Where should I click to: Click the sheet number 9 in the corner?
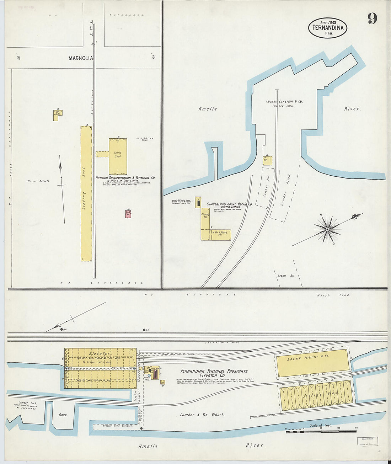point(372,18)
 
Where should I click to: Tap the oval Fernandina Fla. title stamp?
point(327,28)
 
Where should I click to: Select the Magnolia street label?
point(81,58)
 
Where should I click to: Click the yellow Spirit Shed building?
point(118,156)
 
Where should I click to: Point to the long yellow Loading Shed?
point(86,194)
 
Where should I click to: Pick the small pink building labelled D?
point(128,214)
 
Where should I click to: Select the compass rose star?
point(327,230)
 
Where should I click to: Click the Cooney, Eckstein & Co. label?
point(284,101)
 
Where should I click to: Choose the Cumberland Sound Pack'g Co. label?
point(229,204)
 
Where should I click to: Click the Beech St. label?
point(282,276)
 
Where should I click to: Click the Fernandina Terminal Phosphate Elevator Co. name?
point(214,373)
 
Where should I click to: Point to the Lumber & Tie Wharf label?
point(202,415)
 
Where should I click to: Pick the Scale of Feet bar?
point(320,431)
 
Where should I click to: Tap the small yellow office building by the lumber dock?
point(267,160)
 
